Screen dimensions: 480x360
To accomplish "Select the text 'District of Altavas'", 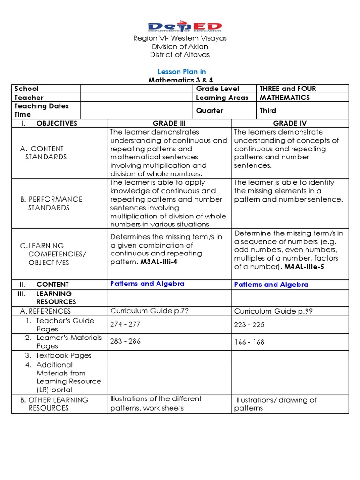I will click(180, 55).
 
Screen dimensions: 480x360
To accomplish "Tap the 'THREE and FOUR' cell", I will click(288, 89).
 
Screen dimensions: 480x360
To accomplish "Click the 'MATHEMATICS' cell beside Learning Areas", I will click(285, 97).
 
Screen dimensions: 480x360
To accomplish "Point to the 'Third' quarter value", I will click(268, 111).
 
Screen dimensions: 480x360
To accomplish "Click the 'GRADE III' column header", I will click(169, 123).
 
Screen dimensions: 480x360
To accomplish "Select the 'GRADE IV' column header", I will click(290, 123).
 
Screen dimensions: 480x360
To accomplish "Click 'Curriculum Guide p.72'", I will click(149, 311).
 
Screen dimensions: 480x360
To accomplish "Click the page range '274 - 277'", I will click(125, 324).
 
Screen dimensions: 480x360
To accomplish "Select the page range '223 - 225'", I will click(249, 324).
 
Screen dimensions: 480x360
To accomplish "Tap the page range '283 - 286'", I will click(125, 341).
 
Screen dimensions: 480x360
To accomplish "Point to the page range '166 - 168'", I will click(249, 342).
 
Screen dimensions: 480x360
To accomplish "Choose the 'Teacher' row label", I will click(29, 97).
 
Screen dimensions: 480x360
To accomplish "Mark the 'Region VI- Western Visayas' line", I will click(180, 38).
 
